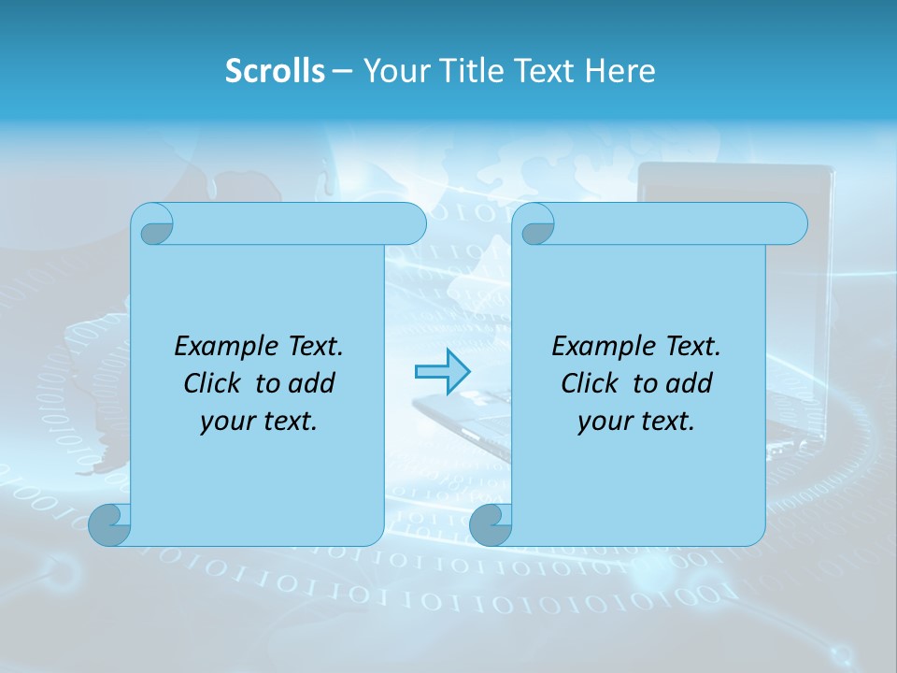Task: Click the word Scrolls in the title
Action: [x=275, y=70]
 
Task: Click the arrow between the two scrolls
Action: [x=441, y=372]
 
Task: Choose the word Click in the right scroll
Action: [x=591, y=383]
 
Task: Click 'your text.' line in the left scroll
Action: [x=259, y=421]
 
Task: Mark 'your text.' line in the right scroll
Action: [x=636, y=421]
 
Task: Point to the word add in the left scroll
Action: [x=312, y=383]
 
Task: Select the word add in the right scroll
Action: [x=690, y=383]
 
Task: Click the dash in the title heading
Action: [x=343, y=70]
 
